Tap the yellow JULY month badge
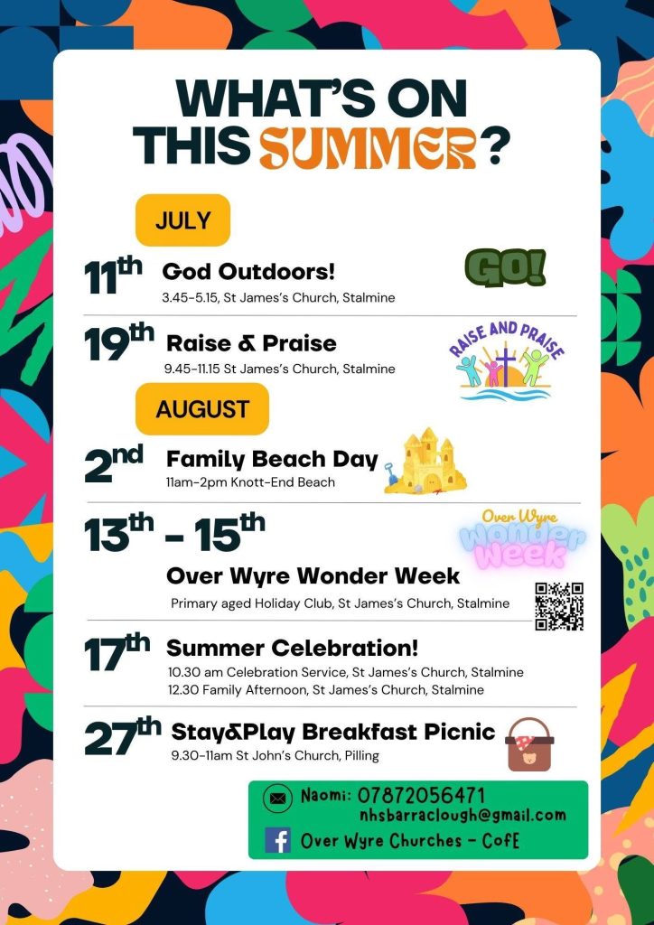(x=182, y=220)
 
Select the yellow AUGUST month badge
(x=202, y=409)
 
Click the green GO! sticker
(x=505, y=267)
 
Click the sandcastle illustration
(x=425, y=462)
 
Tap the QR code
(x=559, y=606)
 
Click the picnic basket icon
(x=529, y=744)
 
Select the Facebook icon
(x=277, y=840)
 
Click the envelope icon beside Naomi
(x=277, y=799)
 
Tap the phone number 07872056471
(x=421, y=795)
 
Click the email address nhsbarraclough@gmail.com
(x=462, y=816)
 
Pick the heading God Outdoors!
(x=248, y=272)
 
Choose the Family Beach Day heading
(x=272, y=459)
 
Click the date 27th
(x=123, y=737)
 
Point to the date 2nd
(x=114, y=463)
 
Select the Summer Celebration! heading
(x=293, y=648)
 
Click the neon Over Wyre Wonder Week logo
(x=522, y=537)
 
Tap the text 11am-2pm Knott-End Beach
(x=250, y=482)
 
